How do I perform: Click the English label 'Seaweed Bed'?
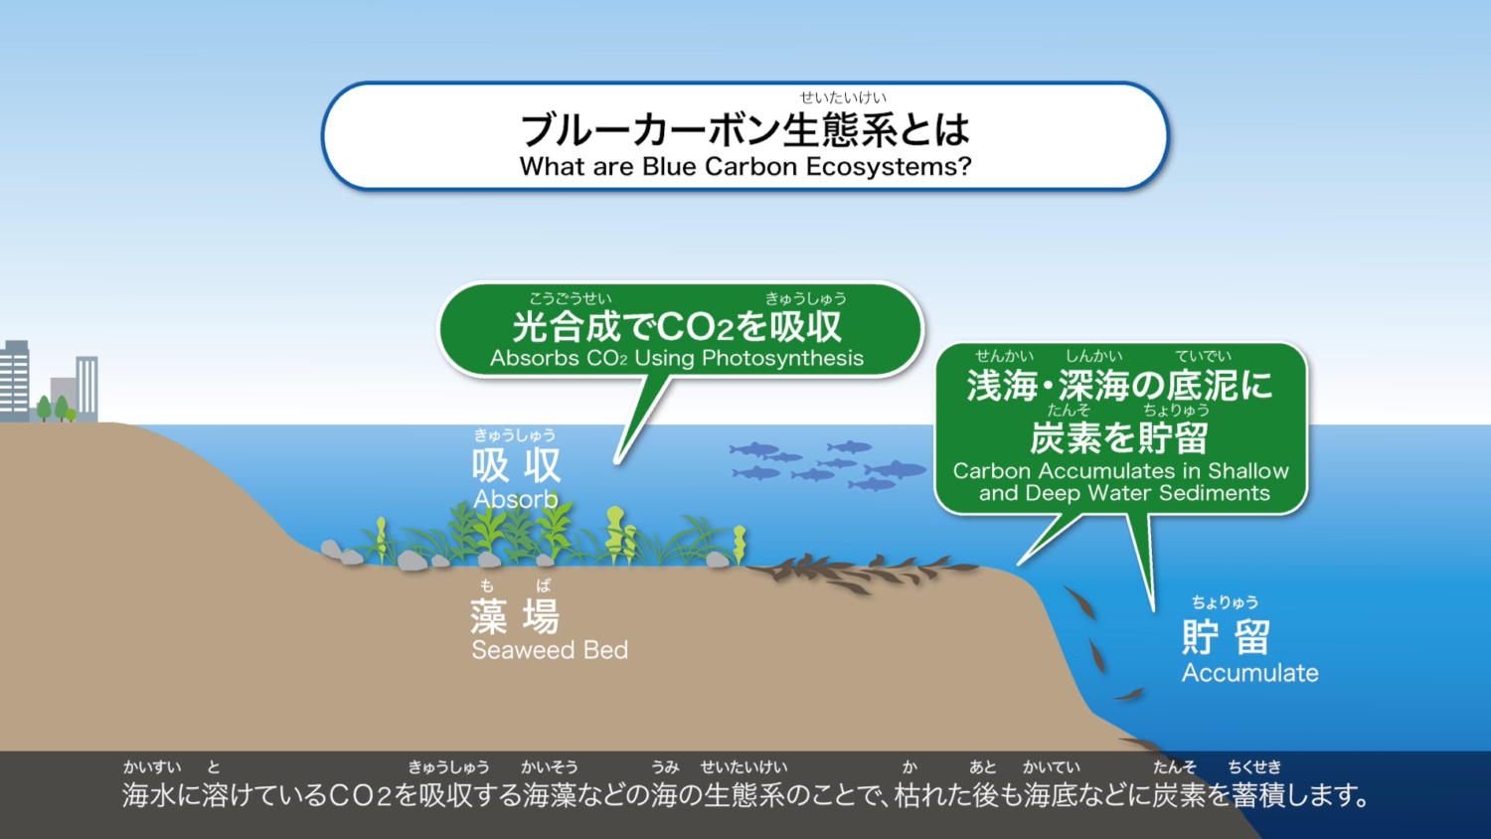(x=550, y=650)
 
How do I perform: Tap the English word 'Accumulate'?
(x=1250, y=673)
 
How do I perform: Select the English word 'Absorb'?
(x=516, y=499)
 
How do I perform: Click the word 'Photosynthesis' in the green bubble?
(x=783, y=358)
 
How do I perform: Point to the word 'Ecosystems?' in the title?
(x=889, y=166)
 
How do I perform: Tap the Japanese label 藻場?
(x=515, y=616)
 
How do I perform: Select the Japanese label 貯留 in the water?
(x=1226, y=636)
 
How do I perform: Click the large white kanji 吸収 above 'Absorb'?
(x=517, y=465)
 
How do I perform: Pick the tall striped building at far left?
(x=15, y=380)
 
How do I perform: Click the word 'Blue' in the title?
(x=669, y=166)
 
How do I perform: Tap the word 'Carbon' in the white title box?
(x=751, y=166)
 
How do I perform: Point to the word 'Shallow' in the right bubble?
(x=1248, y=471)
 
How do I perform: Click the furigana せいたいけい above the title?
(x=843, y=97)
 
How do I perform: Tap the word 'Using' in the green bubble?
(x=665, y=358)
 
